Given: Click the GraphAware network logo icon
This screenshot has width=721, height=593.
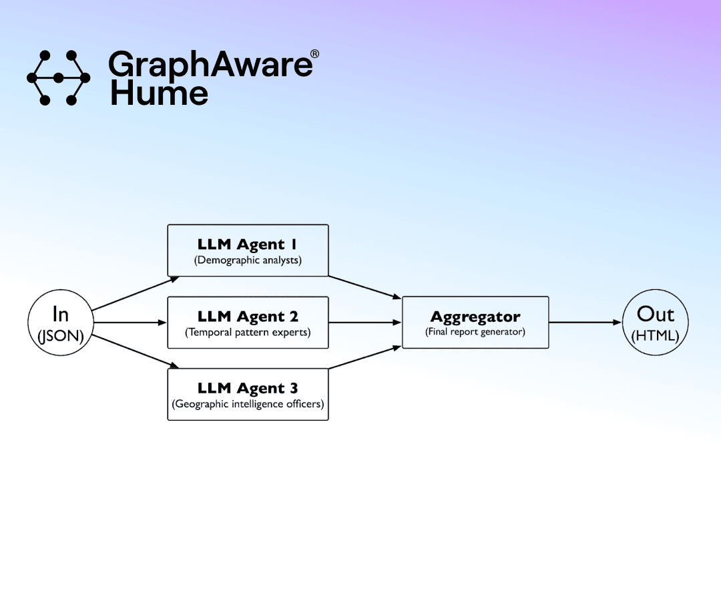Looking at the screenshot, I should point(58,78).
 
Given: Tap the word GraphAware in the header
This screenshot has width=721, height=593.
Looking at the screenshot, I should point(210,65).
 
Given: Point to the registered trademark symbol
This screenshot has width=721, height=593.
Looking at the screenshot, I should point(315,53).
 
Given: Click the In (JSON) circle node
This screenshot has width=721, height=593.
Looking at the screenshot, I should point(60,323).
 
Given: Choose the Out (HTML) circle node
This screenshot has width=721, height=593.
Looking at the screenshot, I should point(655,323).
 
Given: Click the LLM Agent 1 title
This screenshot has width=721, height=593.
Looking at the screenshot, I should point(248,244).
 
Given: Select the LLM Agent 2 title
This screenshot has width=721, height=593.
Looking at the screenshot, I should point(248,317).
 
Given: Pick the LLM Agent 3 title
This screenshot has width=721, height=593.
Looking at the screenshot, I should point(248,388).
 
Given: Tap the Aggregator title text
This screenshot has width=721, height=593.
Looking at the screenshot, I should point(475,317).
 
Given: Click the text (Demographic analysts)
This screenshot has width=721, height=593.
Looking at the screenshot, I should point(248,260).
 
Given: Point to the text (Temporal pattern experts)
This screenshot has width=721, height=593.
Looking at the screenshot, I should point(248,332).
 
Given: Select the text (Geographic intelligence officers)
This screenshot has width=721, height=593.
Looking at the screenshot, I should point(248,404).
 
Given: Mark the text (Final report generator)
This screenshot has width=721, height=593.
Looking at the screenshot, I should point(475,332).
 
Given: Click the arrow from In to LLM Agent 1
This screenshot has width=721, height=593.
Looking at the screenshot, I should point(134,294).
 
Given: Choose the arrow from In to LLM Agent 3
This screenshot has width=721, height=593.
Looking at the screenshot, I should point(134,351).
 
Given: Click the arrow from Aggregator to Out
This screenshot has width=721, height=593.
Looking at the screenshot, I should point(585,323).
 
